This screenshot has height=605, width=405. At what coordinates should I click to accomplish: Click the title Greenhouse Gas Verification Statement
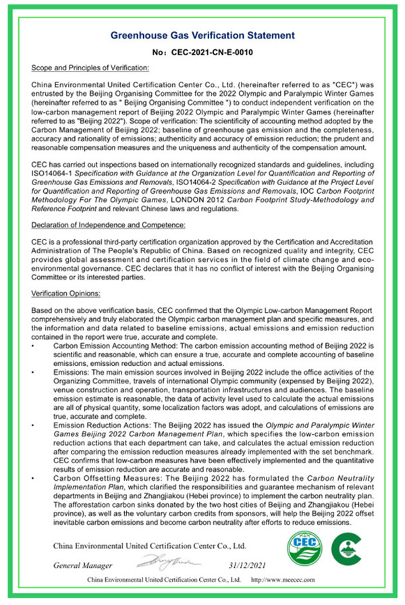pos(202,34)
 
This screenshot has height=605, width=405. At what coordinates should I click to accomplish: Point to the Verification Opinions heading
pos(65,293)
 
